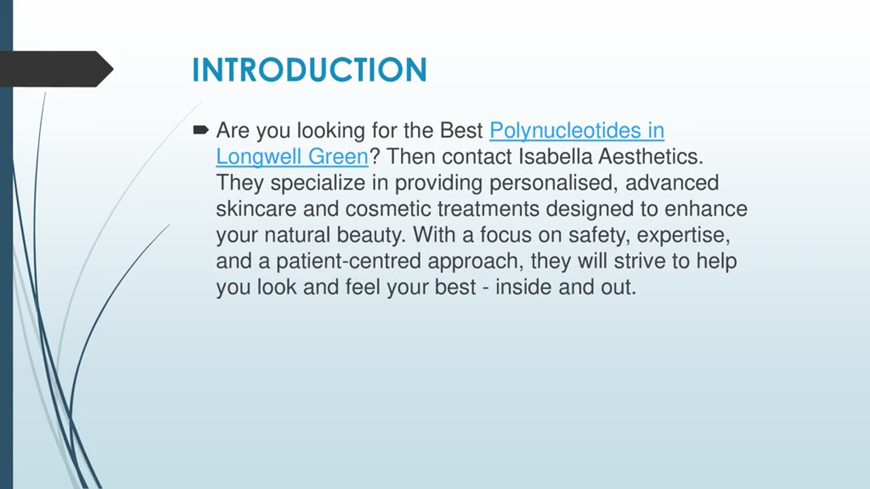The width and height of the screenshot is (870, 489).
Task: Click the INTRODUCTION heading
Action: point(309,70)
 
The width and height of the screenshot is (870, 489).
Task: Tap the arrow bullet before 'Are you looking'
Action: point(201,130)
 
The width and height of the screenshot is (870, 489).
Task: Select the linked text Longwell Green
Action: point(292,156)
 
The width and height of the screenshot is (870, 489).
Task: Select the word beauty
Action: point(370,235)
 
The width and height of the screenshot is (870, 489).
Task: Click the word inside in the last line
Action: point(523,287)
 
